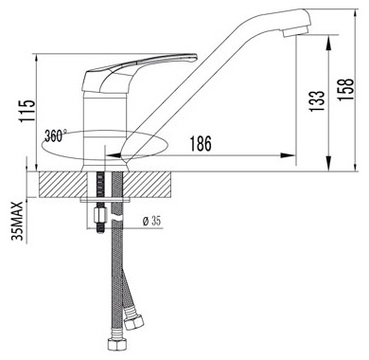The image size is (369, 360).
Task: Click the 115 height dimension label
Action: coord(26,111)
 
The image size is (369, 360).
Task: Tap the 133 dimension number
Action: coord(317,101)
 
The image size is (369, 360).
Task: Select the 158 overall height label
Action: coord(345,89)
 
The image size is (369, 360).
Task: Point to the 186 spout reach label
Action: coord(201,144)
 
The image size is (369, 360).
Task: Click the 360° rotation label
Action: coord(56,135)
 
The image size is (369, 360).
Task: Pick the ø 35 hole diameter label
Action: coord(151,221)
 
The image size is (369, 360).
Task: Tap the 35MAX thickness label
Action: coord(17,221)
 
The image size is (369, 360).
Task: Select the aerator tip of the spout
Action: coord(296,31)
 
